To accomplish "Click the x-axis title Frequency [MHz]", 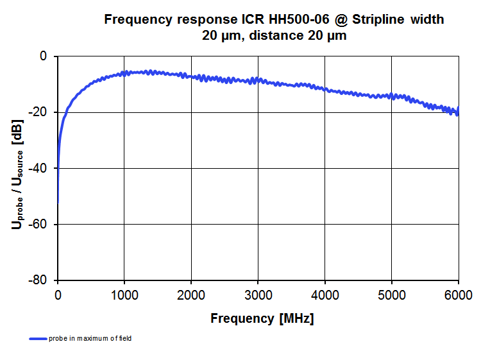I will [262, 318].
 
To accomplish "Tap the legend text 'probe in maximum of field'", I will [90, 338].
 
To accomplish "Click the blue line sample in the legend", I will [38, 338].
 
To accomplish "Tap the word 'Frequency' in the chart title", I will [136, 20].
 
